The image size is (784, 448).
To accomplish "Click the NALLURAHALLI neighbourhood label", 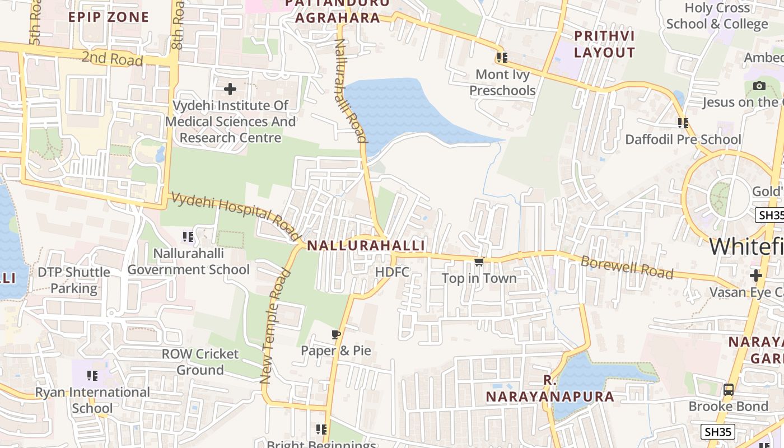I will (x=366, y=246).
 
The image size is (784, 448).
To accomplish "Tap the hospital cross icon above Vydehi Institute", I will (x=230, y=89).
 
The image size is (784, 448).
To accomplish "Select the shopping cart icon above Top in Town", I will (x=479, y=262).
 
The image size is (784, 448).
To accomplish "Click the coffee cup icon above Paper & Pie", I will (x=335, y=335).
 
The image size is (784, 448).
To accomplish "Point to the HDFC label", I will (x=392, y=272).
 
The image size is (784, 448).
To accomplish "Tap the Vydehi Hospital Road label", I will (x=235, y=216).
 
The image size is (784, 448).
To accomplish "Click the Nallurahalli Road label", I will (x=351, y=90).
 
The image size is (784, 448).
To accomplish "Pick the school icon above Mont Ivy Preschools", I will (x=502, y=58).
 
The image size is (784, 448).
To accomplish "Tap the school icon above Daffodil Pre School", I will (x=683, y=123).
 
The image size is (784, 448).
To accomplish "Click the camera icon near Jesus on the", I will (x=759, y=86).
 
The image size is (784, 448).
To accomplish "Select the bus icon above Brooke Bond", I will (x=728, y=390).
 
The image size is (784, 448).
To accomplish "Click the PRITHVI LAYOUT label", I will (x=604, y=44).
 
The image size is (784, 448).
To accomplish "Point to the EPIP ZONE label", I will (x=109, y=17).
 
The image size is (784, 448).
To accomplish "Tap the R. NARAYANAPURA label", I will (x=549, y=389).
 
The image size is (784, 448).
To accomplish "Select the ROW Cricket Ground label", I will (x=200, y=362).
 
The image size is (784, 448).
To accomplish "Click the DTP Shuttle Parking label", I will (x=74, y=280).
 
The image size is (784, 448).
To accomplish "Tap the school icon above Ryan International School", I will (x=92, y=376).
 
